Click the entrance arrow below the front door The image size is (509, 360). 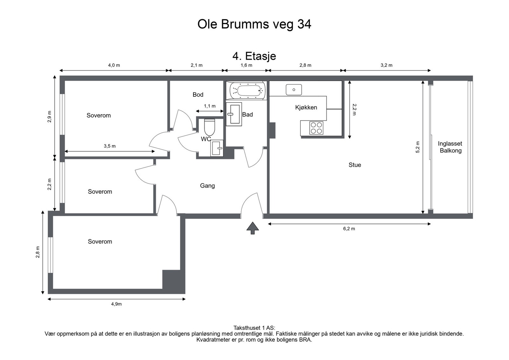click(253, 228)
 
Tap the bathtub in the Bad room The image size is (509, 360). click(247, 90)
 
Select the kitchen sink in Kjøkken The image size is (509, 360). click(294, 90)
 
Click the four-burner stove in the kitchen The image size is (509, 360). click(316, 128)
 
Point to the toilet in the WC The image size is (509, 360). click(210, 127)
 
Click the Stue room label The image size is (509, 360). click(355, 165)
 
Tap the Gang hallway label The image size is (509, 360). click(207, 186)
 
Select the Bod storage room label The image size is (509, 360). click(198, 95)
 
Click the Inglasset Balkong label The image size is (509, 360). click(450, 147)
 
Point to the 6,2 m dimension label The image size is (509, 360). click(349, 229)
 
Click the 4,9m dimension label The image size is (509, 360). click(116, 304)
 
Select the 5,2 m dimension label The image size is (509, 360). click(417, 147)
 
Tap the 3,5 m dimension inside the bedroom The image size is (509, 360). click(109, 146)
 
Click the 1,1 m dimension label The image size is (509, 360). click(210, 106)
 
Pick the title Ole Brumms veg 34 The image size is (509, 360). click(254, 24)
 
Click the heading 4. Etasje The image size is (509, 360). click(254, 56)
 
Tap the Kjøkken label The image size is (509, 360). click(306, 107)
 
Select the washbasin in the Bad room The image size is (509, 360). click(234, 114)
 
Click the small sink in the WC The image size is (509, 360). click(217, 148)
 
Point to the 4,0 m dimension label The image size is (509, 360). click(114, 66)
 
